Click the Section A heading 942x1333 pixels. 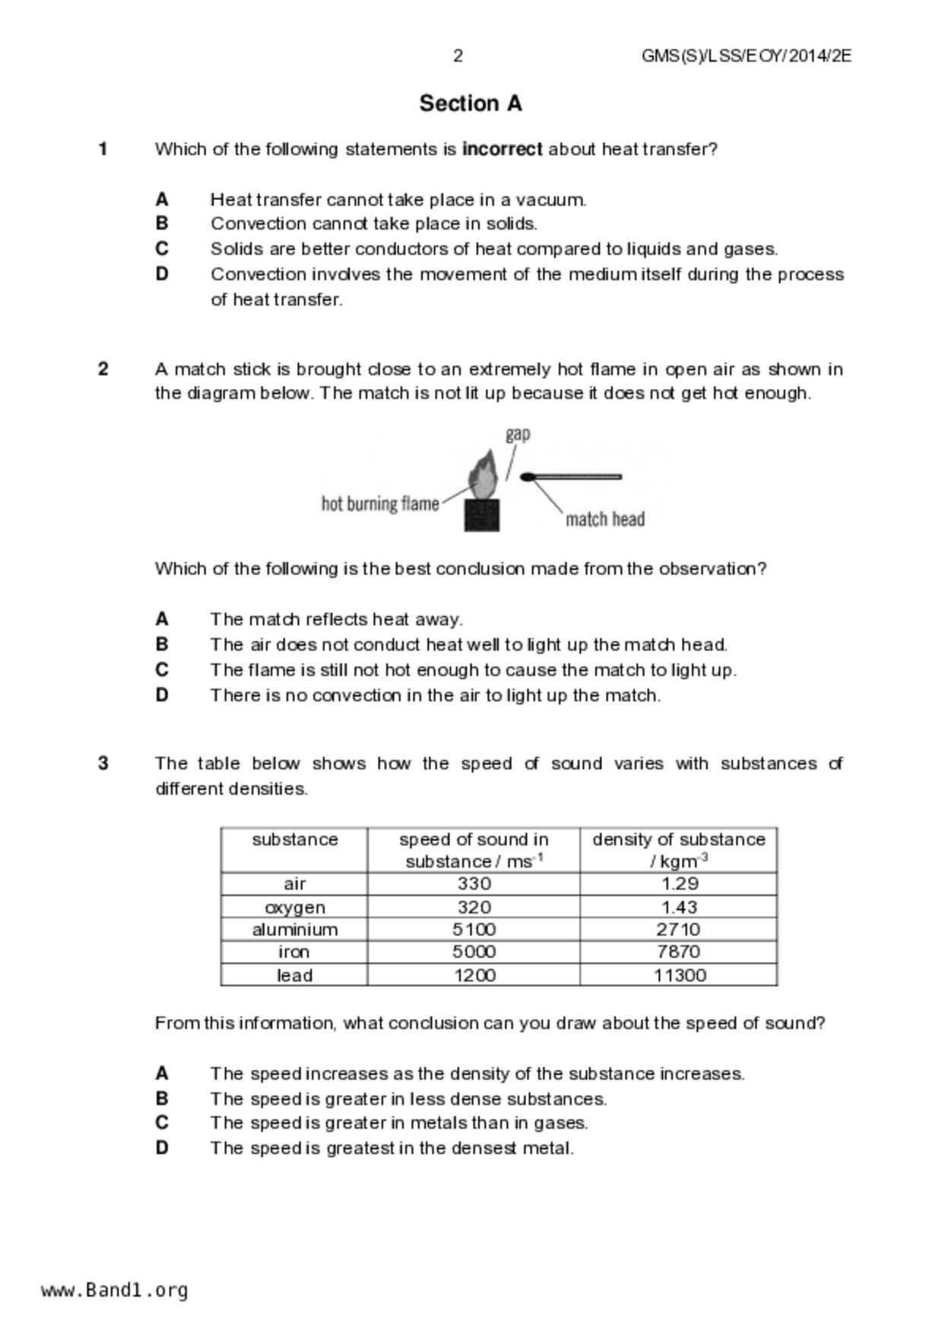pyautogui.click(x=471, y=103)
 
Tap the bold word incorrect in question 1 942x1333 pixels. pyautogui.click(x=502, y=149)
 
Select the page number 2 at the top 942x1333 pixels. pyautogui.click(x=458, y=55)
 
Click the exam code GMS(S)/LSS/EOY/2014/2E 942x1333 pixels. pyautogui.click(x=746, y=55)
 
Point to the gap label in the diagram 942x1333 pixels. pyautogui.click(x=518, y=434)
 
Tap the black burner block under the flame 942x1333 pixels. pyautogui.click(x=482, y=515)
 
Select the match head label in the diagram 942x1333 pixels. pyautogui.click(x=604, y=520)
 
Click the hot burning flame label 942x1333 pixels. pyautogui.click(x=380, y=504)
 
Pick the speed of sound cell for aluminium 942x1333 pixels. pyautogui.click(x=474, y=929)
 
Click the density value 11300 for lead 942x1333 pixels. pyautogui.click(x=679, y=975)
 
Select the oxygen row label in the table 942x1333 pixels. pyautogui.click(x=294, y=907)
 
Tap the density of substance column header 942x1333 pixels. pyautogui.click(x=678, y=850)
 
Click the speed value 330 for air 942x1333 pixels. pyautogui.click(x=474, y=884)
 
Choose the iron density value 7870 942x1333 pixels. pyautogui.click(x=678, y=951)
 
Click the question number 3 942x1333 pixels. pyautogui.click(x=103, y=763)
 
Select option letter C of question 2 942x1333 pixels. pyautogui.click(x=162, y=670)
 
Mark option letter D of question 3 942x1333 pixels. pyautogui.click(x=162, y=1148)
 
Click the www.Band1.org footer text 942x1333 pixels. pyautogui.click(x=114, y=1290)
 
